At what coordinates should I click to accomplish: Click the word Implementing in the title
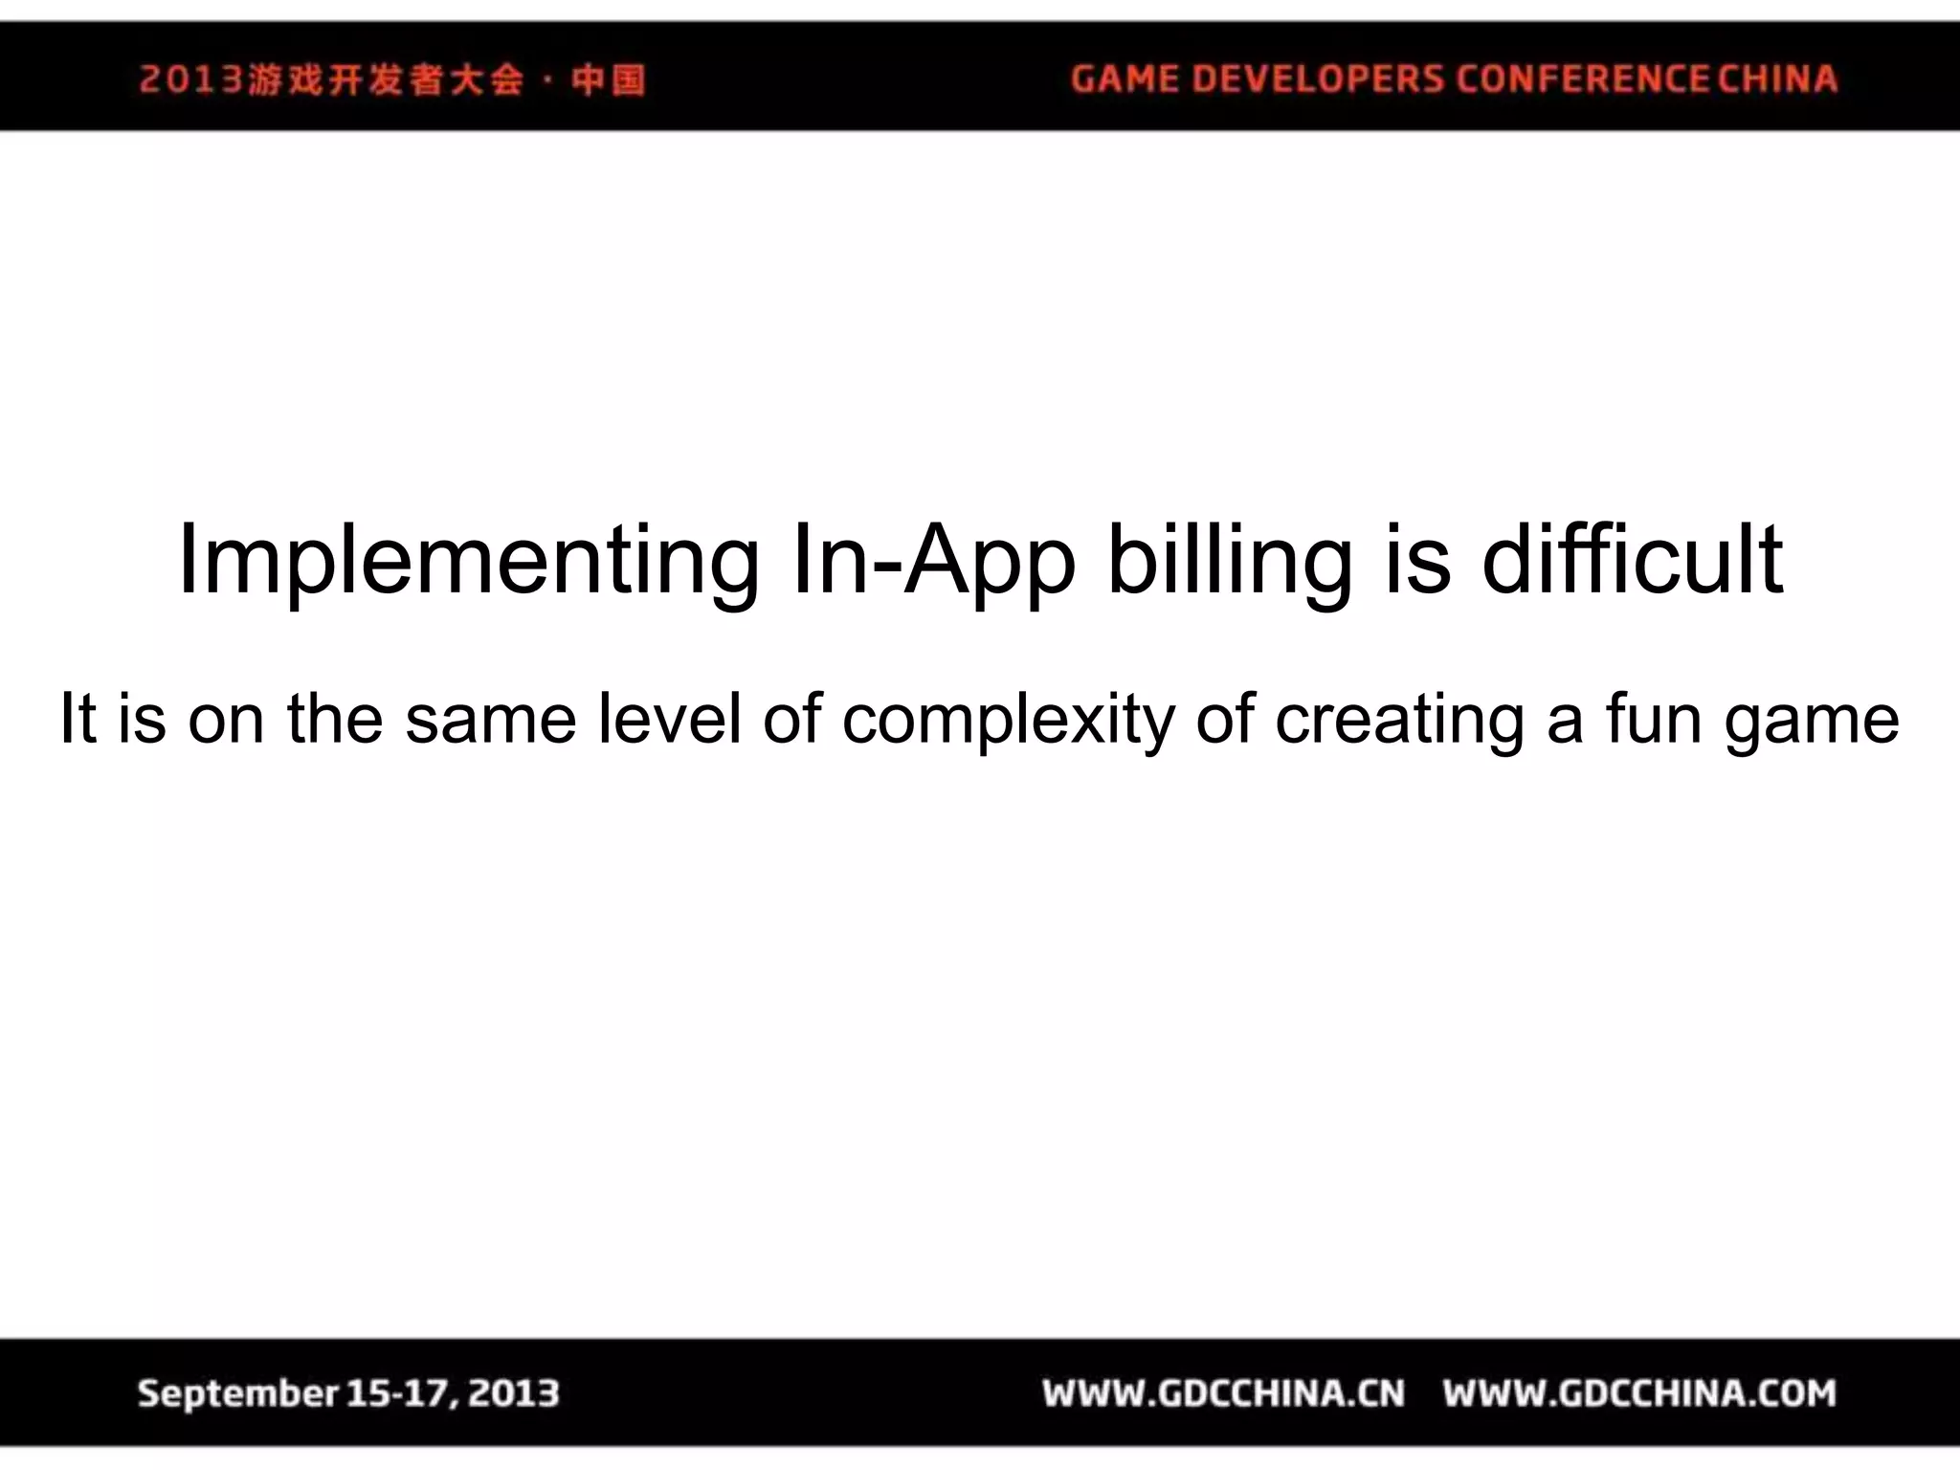pyautogui.click(x=468, y=562)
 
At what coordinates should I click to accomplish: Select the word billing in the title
pyautogui.click(x=1230, y=562)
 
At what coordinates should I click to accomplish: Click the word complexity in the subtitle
pyautogui.click(x=1008, y=721)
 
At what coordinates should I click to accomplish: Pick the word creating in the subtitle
pyautogui.click(x=1399, y=721)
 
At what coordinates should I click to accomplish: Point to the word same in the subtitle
pyautogui.click(x=491, y=720)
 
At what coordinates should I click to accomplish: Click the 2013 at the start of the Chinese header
pyautogui.click(x=191, y=79)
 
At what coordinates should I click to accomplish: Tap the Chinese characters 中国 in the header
pyautogui.click(x=608, y=79)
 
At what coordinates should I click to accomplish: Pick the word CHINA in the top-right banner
pyautogui.click(x=1778, y=78)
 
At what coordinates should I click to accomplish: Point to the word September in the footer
pyautogui.click(x=238, y=1393)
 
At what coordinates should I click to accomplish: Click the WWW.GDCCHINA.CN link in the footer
pyautogui.click(x=1224, y=1393)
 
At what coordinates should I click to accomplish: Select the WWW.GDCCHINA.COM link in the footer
pyautogui.click(x=1639, y=1393)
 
